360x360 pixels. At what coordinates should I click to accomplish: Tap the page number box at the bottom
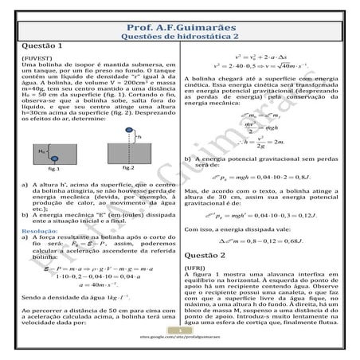pos(180,330)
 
